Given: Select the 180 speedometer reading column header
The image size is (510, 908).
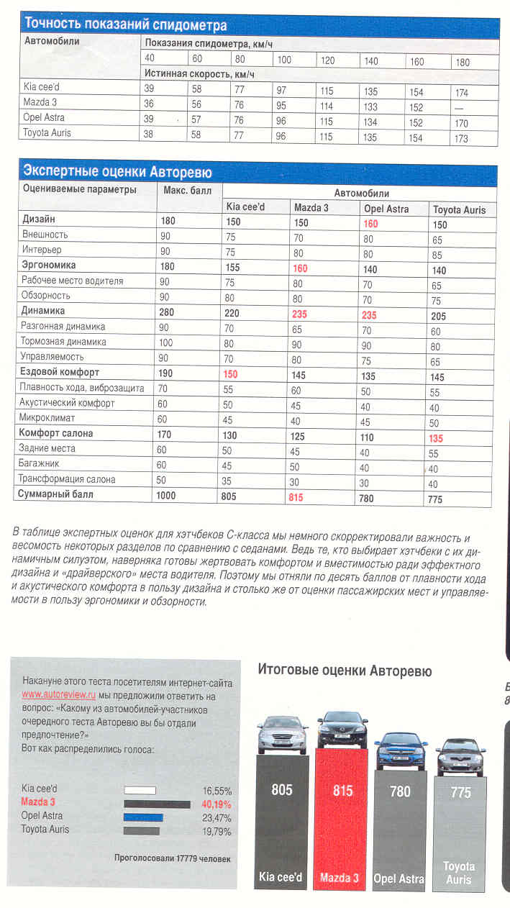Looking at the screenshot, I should (462, 61).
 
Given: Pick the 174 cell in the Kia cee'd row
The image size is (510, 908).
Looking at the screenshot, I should (462, 92).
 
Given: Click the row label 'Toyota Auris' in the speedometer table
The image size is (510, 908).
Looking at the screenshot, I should (47, 133).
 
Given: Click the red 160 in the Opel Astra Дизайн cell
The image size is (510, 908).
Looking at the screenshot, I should (370, 224).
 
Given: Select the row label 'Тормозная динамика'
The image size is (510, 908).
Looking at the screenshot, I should (63, 342).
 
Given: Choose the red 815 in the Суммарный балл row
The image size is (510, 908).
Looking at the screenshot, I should (301, 497).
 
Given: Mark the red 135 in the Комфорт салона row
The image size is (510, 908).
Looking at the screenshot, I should (436, 438).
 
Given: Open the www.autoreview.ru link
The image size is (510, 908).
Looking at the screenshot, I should (59, 695).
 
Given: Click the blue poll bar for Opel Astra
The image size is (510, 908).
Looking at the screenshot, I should (143, 817).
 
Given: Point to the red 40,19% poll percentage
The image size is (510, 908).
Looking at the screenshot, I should (215, 804).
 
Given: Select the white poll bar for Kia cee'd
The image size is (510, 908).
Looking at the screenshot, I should (140, 790).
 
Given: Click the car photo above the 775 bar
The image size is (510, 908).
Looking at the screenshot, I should (460, 756).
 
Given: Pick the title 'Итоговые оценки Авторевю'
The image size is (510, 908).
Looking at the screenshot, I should (345, 671).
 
